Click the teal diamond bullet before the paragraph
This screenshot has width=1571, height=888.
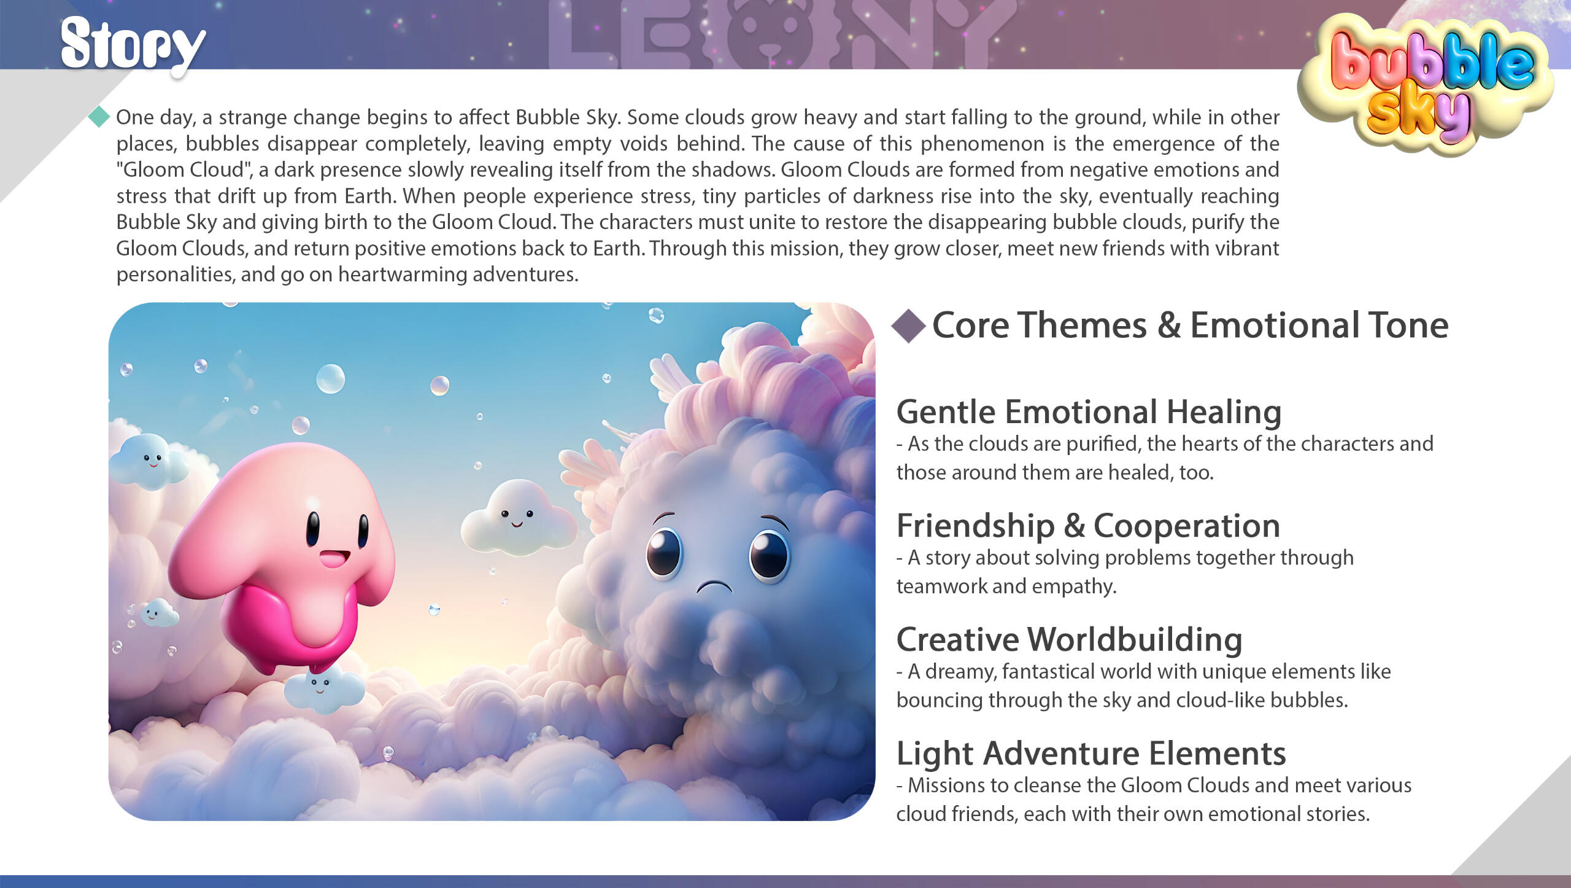pos(99,117)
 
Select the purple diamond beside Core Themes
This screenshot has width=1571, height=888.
pos(909,325)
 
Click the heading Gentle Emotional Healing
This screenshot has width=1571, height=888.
pos(1089,411)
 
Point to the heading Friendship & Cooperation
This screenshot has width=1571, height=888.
pos(1088,526)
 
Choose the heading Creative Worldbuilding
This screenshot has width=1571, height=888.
pos(1069,639)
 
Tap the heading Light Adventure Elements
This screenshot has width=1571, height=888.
pos(1090,754)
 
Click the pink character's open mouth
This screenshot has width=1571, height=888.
pos(334,559)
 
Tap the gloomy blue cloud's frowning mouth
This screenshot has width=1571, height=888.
pos(714,587)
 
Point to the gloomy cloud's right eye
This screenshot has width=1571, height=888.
pos(770,556)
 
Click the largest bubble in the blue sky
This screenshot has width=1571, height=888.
pos(330,378)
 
